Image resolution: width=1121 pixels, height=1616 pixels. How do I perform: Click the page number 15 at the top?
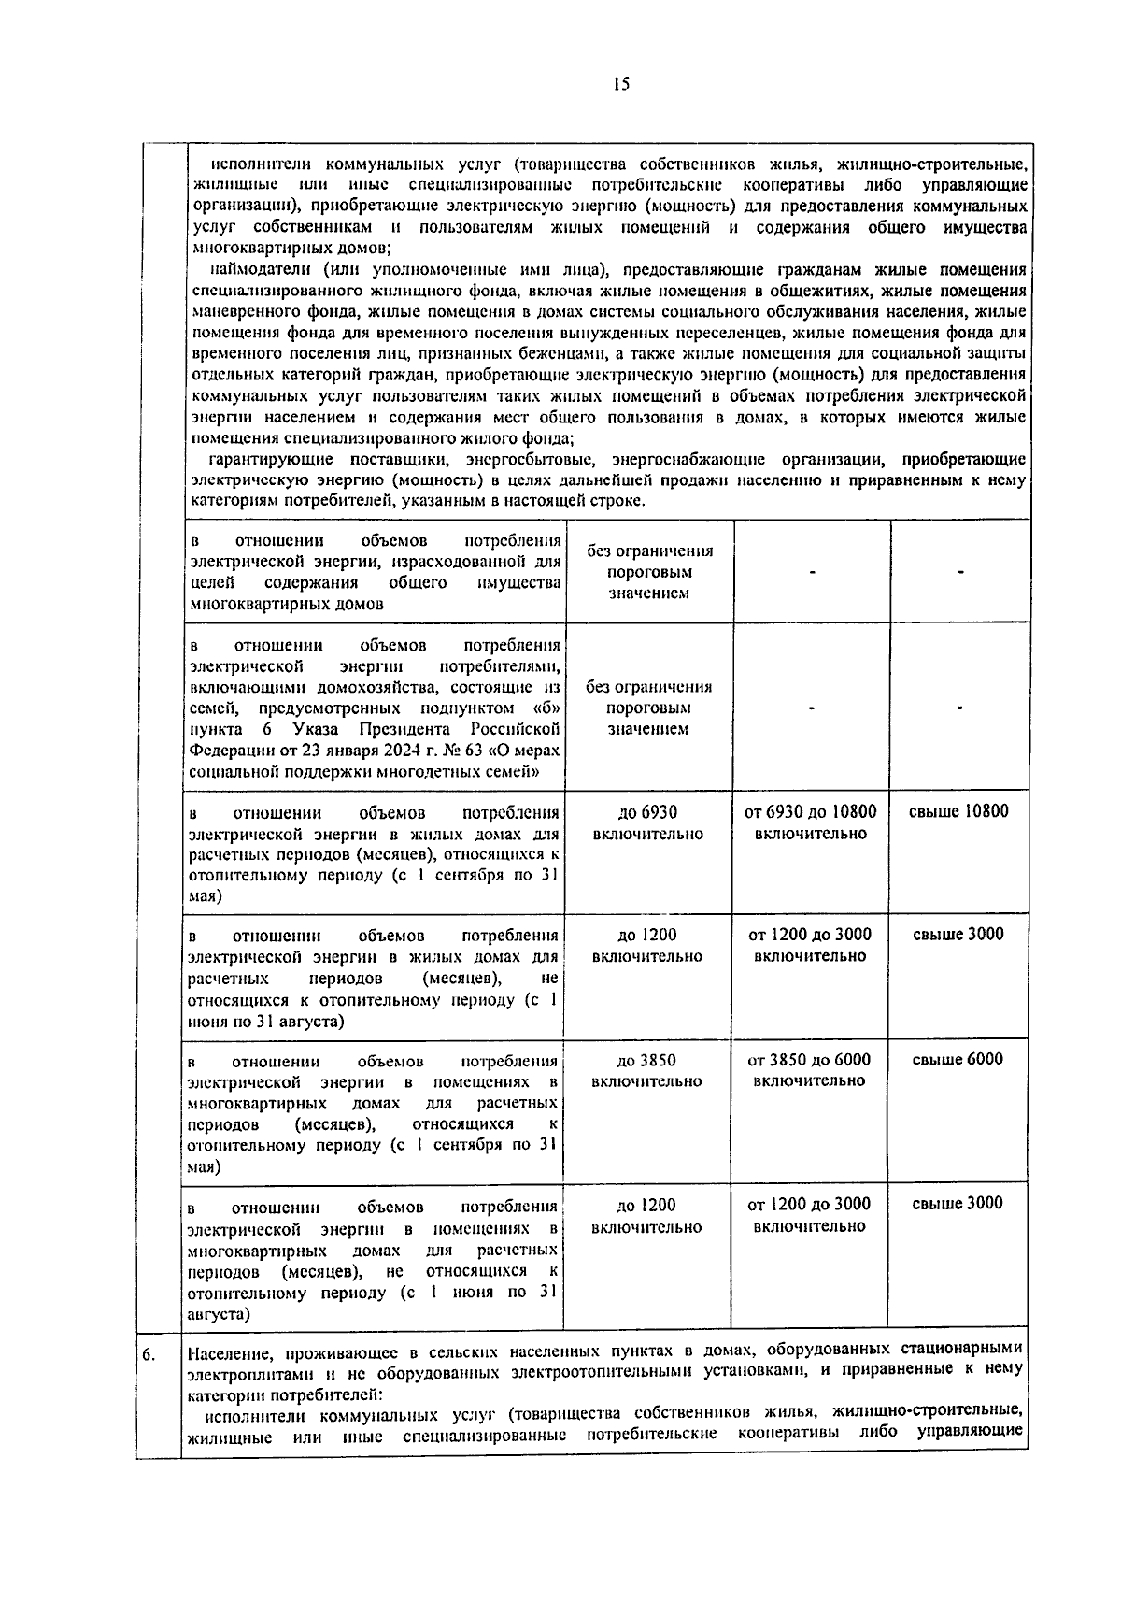click(621, 84)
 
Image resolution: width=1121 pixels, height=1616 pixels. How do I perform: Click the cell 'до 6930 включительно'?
click(647, 822)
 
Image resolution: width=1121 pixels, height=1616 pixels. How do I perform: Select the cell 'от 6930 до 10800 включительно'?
click(810, 822)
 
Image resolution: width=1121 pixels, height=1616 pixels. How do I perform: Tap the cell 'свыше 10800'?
click(958, 811)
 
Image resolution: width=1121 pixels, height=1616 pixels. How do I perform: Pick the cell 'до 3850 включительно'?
click(646, 1070)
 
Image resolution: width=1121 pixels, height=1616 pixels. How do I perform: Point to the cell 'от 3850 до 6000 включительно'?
click(809, 1070)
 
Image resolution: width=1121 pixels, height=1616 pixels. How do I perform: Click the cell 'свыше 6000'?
click(958, 1059)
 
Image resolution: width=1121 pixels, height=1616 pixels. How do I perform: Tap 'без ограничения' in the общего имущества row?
click(649, 551)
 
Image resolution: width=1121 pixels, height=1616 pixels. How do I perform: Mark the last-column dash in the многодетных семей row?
click(959, 708)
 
